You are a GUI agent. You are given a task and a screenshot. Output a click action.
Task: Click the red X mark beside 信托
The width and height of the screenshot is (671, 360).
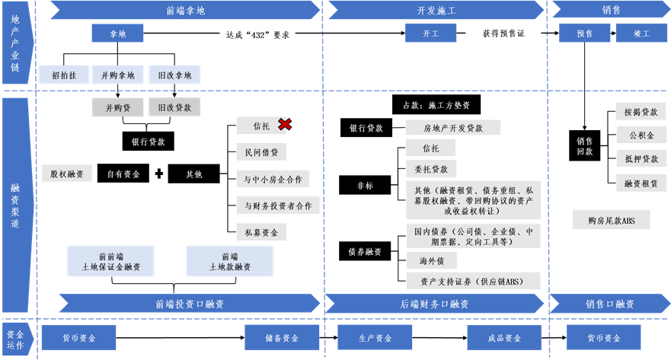coord(284,124)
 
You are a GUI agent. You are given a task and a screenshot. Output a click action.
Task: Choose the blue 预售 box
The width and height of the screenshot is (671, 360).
coord(584,33)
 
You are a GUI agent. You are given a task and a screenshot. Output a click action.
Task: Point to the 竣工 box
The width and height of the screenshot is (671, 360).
coord(641,33)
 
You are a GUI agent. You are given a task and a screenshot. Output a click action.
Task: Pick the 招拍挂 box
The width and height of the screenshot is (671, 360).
coord(63,75)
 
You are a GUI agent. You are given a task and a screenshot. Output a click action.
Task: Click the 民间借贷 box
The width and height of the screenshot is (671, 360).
coord(261,152)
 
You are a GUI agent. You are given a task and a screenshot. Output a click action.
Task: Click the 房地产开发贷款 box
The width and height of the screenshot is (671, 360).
coord(453,128)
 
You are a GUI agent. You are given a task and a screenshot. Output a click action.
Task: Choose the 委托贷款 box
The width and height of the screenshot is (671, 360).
coord(431,169)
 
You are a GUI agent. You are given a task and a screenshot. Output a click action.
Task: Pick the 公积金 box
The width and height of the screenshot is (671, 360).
coord(641,135)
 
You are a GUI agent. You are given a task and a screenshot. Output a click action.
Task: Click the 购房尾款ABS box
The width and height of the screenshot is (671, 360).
coord(612,220)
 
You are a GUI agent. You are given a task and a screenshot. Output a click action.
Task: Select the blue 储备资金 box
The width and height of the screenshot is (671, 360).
coord(281,338)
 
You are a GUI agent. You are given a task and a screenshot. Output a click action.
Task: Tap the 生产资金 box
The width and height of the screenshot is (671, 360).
coord(375,338)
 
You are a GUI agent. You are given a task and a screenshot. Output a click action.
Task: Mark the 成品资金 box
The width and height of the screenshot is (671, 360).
coord(503,338)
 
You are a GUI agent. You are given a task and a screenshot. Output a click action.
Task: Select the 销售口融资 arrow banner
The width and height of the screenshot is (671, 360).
coord(609,304)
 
